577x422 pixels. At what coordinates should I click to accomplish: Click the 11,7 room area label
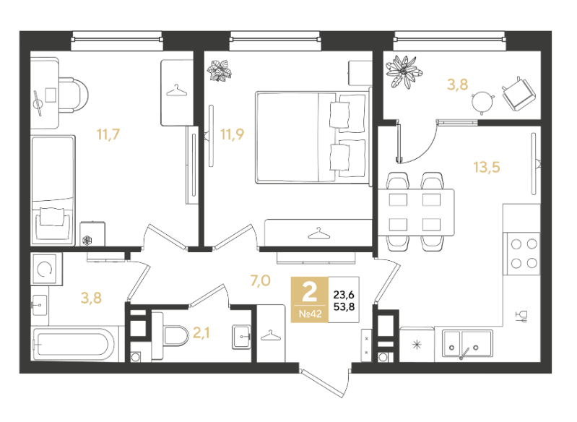pos(108,134)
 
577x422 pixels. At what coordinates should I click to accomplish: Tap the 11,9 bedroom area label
pos(233,134)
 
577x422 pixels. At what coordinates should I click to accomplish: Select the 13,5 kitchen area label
pos(487,167)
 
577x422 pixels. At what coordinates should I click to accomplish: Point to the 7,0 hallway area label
pos(260,280)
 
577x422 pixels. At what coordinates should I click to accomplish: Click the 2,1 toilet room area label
pos(201,333)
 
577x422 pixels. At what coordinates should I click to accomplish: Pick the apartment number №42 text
pos(310,314)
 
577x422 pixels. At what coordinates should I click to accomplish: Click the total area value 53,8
pos(344,306)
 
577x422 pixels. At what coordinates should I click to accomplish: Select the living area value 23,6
pos(344,295)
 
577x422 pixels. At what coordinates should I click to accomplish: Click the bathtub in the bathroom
pos(71,344)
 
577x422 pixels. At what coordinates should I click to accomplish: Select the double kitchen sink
pos(467,344)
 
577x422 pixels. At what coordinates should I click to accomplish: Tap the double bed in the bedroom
pos(313,137)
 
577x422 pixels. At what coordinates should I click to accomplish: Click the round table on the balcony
pos(482,100)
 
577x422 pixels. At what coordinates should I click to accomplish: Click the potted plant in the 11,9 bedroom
pos(220,71)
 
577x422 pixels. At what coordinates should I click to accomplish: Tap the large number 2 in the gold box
pos(309,293)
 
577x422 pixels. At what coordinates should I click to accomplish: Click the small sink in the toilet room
pos(241,337)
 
